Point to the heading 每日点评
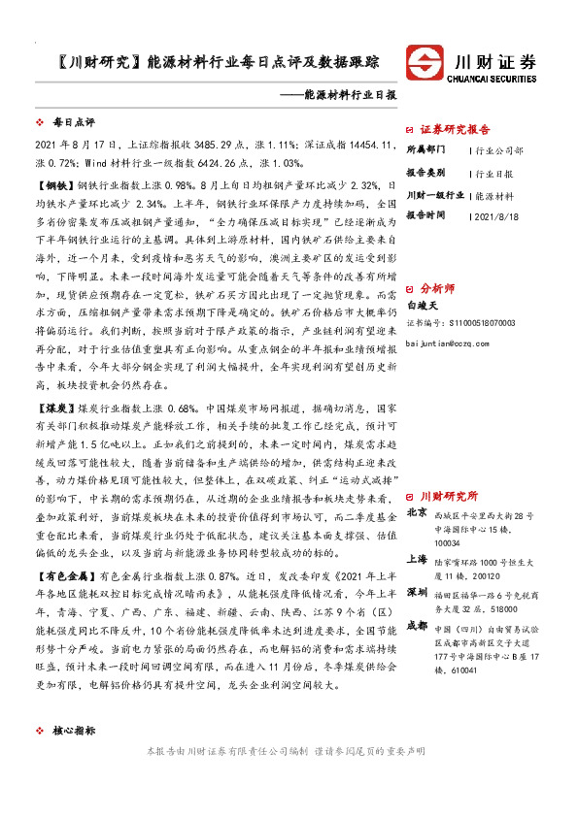[74, 123]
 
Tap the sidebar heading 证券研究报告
[455, 128]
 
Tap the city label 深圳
[416, 591]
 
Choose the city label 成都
[416, 624]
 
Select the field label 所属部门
[425, 150]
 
